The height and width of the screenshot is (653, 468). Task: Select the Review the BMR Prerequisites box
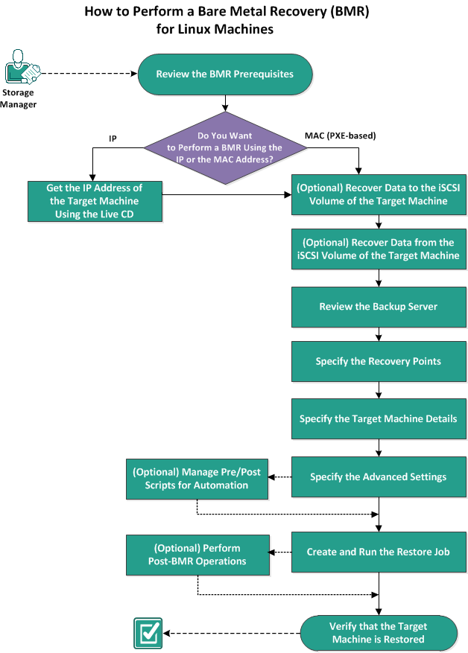click(x=224, y=74)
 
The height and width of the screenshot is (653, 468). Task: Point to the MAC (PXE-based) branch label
click(x=340, y=136)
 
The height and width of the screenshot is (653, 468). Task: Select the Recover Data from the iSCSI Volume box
click(x=379, y=249)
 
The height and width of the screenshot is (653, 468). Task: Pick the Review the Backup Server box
click(x=379, y=307)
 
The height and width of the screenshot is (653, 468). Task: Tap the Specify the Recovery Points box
click(x=379, y=361)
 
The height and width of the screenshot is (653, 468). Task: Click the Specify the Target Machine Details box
click(x=379, y=418)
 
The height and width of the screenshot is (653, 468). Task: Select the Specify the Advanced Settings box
click(x=379, y=477)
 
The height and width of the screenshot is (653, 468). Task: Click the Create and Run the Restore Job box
click(x=379, y=552)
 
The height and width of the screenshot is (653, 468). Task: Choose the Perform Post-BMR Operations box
click(x=197, y=554)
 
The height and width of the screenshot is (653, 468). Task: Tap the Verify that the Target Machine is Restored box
click(x=379, y=633)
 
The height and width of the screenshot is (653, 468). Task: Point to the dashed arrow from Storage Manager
click(x=88, y=73)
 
